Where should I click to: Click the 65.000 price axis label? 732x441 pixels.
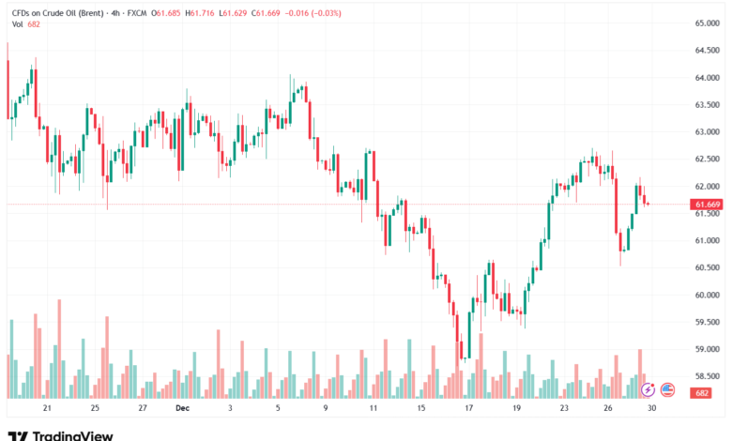click(706, 23)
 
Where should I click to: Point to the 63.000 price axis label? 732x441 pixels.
click(706, 131)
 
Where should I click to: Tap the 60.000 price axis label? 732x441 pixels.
click(706, 295)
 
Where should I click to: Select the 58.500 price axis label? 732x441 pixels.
click(706, 376)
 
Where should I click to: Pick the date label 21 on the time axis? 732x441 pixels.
click(47, 409)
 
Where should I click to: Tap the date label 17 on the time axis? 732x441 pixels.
click(468, 409)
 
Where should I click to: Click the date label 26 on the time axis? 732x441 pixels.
click(609, 409)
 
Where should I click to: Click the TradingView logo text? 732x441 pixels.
click(72, 435)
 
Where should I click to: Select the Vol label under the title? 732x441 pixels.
click(14, 25)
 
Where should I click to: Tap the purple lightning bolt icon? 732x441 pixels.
click(648, 388)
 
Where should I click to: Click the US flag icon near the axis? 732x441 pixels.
click(667, 388)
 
